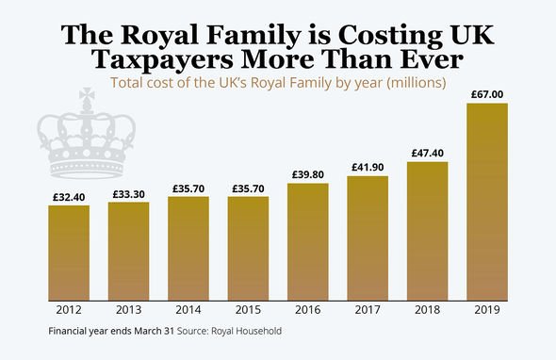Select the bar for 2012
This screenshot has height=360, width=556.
click(69, 252)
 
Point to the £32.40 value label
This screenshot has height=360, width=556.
click(69, 198)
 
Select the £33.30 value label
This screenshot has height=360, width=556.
click(128, 195)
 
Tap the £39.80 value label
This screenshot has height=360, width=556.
click(307, 175)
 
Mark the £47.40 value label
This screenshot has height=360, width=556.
click(427, 154)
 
